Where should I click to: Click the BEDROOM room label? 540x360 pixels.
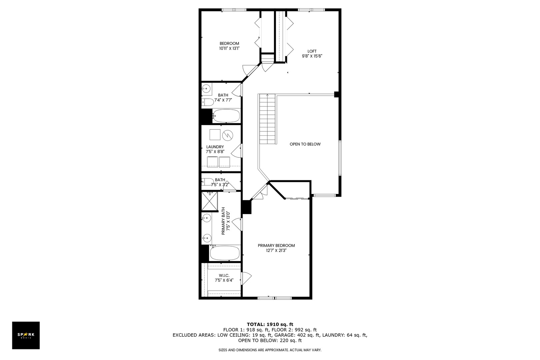(x=229, y=43)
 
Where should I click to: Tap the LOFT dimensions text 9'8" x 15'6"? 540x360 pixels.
(x=312, y=56)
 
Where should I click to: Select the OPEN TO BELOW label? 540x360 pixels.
(x=305, y=144)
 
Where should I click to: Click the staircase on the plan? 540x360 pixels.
(x=267, y=119)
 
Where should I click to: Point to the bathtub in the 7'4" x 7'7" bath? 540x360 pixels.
(x=226, y=116)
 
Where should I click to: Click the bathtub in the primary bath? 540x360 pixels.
(x=225, y=253)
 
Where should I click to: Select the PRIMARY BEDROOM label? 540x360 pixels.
(x=276, y=245)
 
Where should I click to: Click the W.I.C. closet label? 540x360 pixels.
(x=224, y=275)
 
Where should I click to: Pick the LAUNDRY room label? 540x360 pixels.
(x=215, y=147)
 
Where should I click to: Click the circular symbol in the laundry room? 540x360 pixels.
(x=228, y=135)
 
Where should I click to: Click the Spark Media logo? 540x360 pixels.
(x=26, y=335)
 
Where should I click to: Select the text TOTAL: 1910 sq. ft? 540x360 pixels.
(x=270, y=324)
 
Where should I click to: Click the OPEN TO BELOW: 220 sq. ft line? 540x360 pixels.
(x=270, y=341)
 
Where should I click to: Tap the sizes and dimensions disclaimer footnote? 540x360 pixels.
(x=270, y=350)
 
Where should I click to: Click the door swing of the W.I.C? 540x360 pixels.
(x=246, y=278)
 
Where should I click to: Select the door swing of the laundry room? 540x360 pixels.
(x=237, y=151)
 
